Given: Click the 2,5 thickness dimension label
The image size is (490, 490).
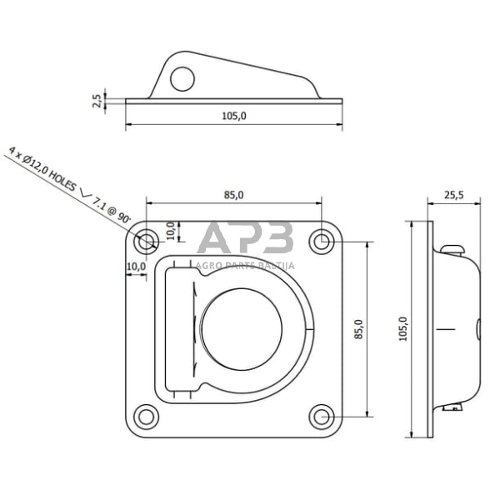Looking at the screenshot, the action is click(x=97, y=101).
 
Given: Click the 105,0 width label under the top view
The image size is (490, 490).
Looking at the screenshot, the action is click(x=234, y=116).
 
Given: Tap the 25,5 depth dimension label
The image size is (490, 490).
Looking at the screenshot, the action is click(x=453, y=195).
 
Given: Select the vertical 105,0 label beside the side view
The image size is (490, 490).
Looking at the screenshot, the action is click(x=403, y=328).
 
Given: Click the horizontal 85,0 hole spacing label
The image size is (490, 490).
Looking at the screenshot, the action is click(x=233, y=195).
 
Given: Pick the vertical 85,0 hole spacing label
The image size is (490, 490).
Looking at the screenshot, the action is click(x=358, y=329).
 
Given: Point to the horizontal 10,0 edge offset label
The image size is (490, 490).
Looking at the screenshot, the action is click(x=137, y=267).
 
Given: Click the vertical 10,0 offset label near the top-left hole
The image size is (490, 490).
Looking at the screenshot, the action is click(x=171, y=230).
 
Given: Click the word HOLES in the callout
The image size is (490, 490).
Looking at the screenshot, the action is click(x=62, y=181).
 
